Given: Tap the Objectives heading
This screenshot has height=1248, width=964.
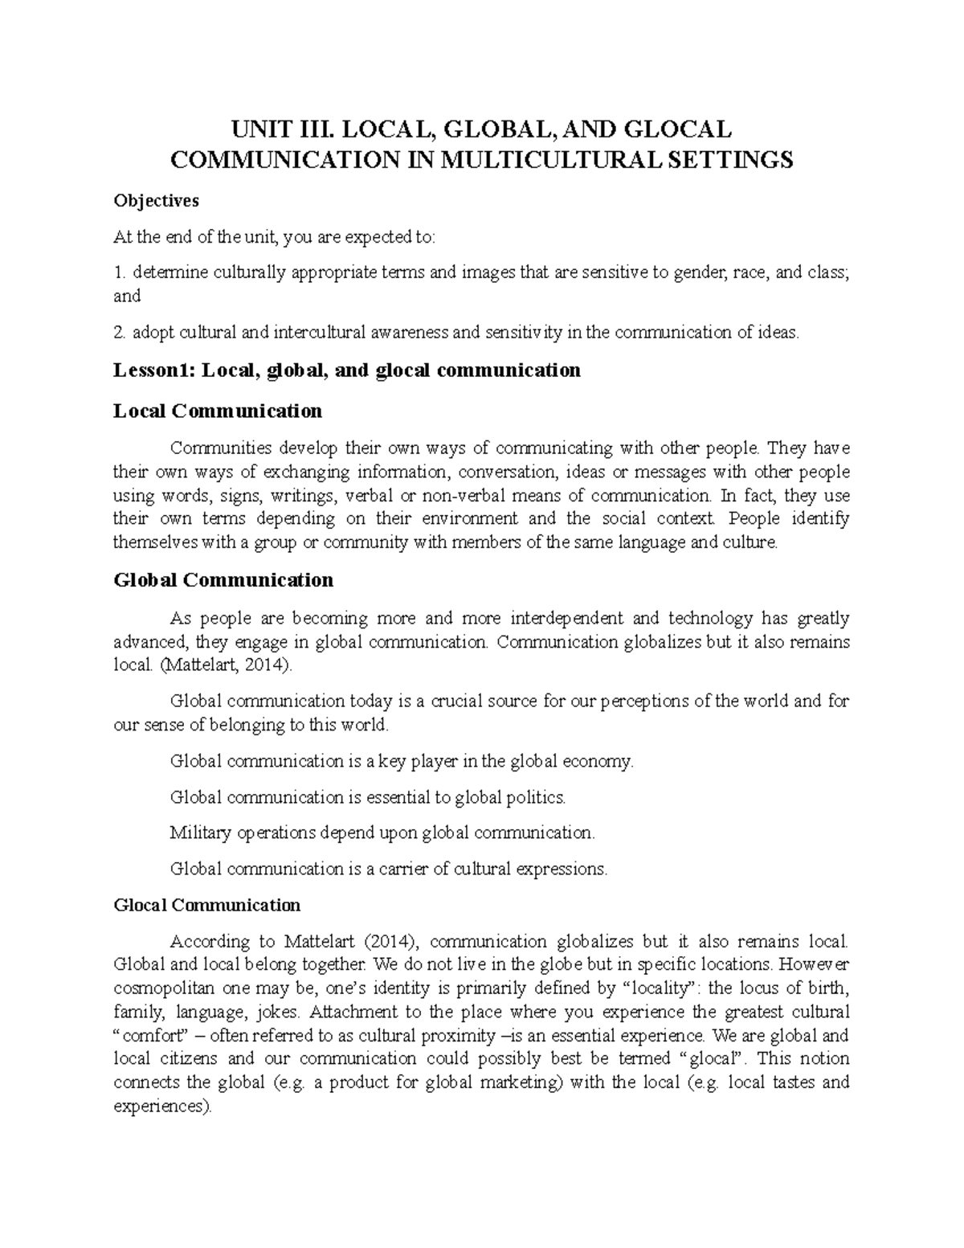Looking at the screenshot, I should click(156, 200).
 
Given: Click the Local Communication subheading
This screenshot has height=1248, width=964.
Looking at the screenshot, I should click(218, 411).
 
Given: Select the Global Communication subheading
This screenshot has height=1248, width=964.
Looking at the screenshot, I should click(223, 580).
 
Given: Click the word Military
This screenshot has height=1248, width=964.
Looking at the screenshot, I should click(201, 833).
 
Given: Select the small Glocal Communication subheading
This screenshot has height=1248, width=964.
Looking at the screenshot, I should click(207, 906).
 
